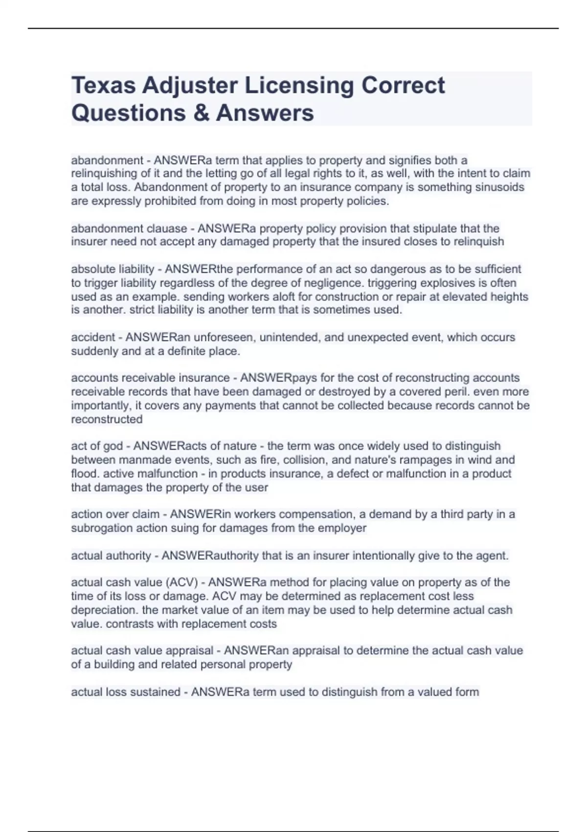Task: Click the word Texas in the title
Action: coord(103,85)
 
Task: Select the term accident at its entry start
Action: coord(93,337)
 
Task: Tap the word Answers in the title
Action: coord(265,113)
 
